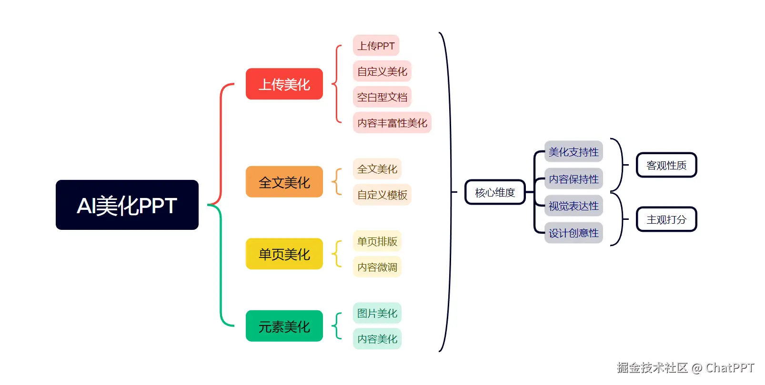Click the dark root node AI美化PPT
pyautogui.click(x=127, y=205)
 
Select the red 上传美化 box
pyautogui.click(x=284, y=84)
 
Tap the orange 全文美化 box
pyautogui.click(x=284, y=182)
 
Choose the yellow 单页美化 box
pyautogui.click(x=284, y=254)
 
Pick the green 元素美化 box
pyautogui.click(x=284, y=326)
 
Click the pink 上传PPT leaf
pyautogui.click(x=376, y=46)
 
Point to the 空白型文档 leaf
pyautogui.click(x=382, y=97)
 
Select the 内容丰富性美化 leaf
pyautogui.click(x=392, y=123)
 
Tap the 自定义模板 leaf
pyautogui.click(x=382, y=195)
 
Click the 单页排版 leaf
pyautogui.click(x=377, y=241)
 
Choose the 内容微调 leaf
pyautogui.click(x=377, y=267)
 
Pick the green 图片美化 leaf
pyautogui.click(x=377, y=313)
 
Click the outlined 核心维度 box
pyautogui.click(x=495, y=192)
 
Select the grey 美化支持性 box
pyautogui.click(x=574, y=152)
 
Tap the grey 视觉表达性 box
pyautogui.click(x=574, y=206)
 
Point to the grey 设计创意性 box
pyautogui.click(x=574, y=233)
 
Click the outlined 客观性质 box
pyautogui.click(x=666, y=165)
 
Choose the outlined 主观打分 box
pyautogui.click(x=666, y=219)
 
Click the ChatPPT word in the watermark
pyautogui.click(x=730, y=368)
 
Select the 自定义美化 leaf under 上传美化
pyautogui.click(x=382, y=71)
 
